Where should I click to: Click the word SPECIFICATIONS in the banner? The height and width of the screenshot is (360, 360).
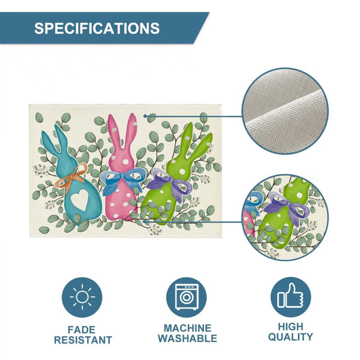[x=97, y=28]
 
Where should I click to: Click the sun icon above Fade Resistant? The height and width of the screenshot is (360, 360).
[x=82, y=297]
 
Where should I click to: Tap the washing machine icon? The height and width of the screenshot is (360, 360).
[x=187, y=297]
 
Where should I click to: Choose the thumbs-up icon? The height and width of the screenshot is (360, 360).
[x=291, y=296]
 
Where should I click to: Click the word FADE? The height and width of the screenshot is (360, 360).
[x=81, y=330]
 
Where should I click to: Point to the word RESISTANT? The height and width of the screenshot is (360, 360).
[x=83, y=340]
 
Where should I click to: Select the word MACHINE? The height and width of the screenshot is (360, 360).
[x=187, y=328]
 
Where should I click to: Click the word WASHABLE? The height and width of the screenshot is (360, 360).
[x=187, y=339]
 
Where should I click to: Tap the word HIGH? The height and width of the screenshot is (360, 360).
[x=291, y=327]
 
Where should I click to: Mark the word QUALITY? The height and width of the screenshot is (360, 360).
[x=291, y=337]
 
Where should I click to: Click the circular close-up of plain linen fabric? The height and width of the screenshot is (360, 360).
[x=285, y=111]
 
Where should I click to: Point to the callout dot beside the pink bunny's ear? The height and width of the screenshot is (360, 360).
[x=145, y=116]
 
